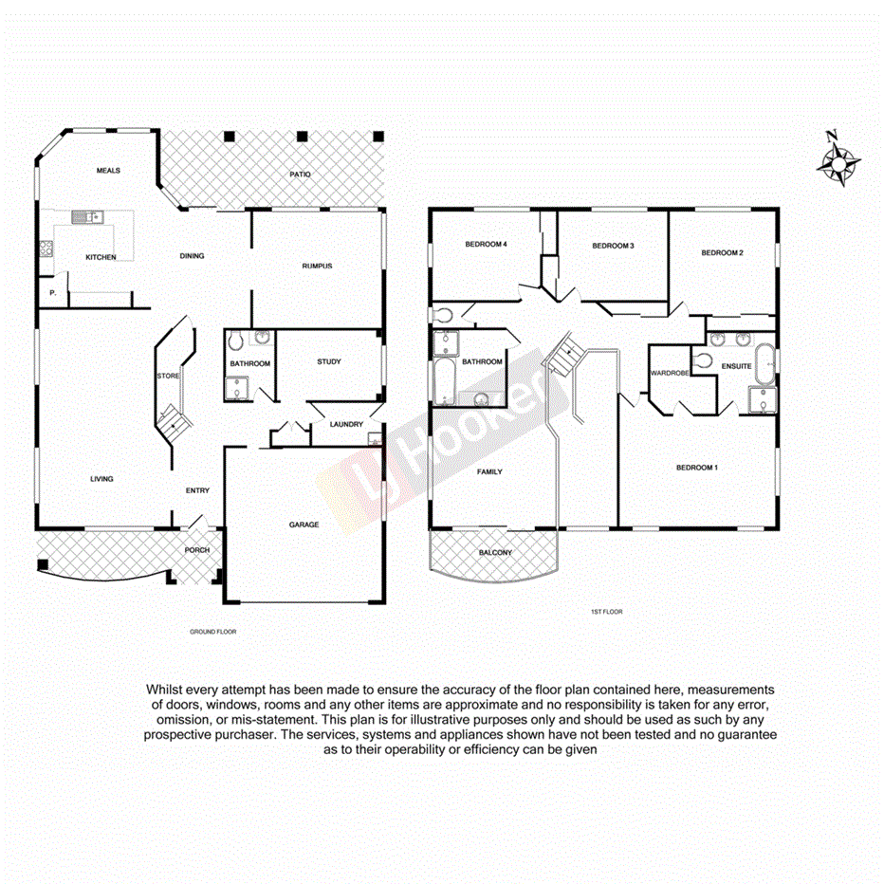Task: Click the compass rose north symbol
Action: click(838, 161)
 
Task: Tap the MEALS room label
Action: click(109, 171)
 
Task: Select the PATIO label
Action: click(300, 175)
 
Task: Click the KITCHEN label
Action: click(101, 257)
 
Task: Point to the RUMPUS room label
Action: click(317, 266)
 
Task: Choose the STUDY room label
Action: click(329, 361)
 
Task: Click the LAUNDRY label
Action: click(345, 424)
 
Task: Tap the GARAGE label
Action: click(304, 525)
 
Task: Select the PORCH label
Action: click(196, 550)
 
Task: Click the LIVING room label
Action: click(101, 479)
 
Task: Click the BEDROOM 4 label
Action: click(487, 245)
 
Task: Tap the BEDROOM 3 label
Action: click(613, 246)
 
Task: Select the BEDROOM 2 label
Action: click(721, 252)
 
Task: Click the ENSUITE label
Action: click(736, 366)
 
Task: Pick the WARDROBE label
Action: click(668, 373)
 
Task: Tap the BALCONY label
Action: click(495, 553)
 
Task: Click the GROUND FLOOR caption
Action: click(212, 631)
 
